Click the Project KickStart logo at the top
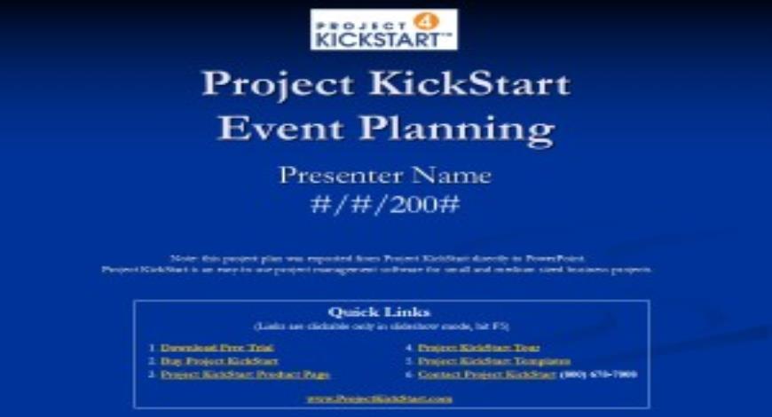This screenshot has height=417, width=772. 384,29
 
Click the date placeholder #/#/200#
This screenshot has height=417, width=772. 385,204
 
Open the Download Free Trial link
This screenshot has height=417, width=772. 217,348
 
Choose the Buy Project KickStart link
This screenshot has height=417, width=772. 219,361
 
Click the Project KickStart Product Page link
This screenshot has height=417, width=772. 245,374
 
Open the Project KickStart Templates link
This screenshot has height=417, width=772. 493,361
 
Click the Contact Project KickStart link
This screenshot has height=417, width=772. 487,374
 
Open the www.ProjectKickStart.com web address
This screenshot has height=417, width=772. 380,398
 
